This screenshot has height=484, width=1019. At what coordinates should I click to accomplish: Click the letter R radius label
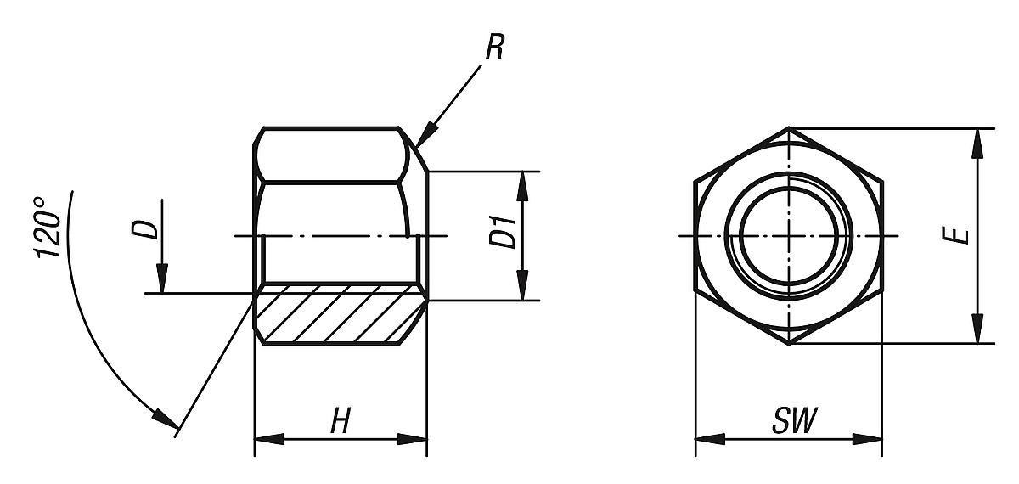tap(494, 49)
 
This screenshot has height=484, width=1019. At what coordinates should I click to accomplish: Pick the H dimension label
tap(340, 422)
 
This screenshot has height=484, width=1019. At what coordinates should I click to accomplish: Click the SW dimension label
tap(789, 422)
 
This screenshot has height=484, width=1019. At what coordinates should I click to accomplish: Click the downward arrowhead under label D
tap(162, 281)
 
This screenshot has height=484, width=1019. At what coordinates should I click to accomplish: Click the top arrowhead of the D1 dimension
tap(524, 183)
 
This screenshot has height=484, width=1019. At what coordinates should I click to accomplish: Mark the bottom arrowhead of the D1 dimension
tap(524, 289)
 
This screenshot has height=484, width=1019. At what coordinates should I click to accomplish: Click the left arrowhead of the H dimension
tap(267, 439)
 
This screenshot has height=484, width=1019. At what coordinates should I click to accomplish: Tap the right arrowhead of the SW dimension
tap(870, 439)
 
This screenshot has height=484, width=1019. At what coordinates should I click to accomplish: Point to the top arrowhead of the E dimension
tap(979, 142)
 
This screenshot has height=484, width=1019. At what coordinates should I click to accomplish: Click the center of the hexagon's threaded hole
tap(789, 234)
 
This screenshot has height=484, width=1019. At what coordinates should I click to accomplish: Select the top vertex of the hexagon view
tap(789, 128)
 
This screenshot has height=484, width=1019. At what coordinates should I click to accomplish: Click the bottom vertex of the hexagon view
tap(789, 343)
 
